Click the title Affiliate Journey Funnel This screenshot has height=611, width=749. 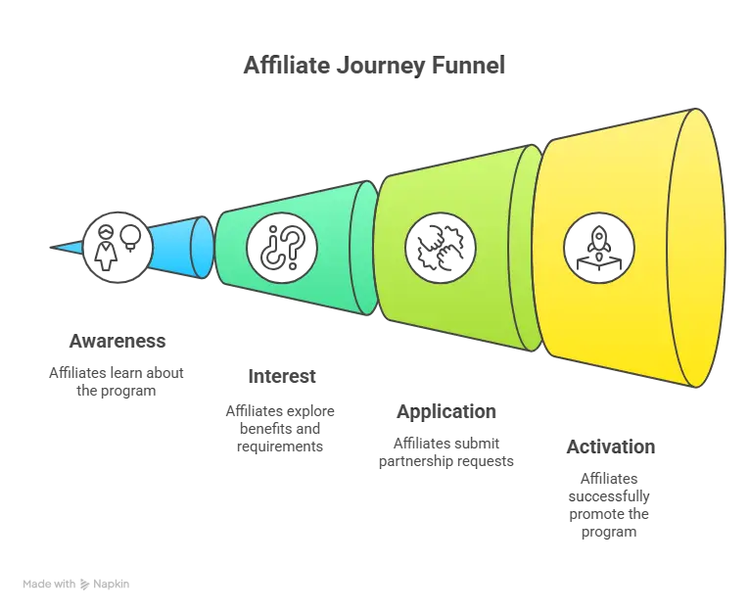pos(374,66)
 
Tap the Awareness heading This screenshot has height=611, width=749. pos(117,341)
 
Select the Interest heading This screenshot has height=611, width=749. pos(282,376)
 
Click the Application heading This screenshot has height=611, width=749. pos(446,412)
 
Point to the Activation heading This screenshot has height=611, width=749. pos(611,447)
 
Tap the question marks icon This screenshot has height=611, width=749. pos(282,248)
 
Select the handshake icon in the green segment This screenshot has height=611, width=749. pos(441,248)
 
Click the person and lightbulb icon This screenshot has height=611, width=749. pos(117,248)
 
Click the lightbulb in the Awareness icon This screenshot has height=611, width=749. pos(130,237)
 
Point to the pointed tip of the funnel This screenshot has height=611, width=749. pos(51,248)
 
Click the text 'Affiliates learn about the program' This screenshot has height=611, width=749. pos(117,382)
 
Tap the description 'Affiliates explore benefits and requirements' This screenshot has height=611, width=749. pos(280,429)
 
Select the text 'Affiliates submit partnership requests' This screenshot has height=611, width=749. pos(446,452)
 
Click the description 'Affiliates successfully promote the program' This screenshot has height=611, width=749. pos(609,505)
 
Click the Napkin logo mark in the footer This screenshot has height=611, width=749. pos(85,585)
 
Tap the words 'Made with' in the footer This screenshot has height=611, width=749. pos(49,584)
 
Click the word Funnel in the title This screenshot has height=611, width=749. pos(468,66)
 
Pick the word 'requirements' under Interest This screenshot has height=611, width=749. pos(280,446)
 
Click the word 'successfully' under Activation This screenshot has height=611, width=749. pos(609,496)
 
